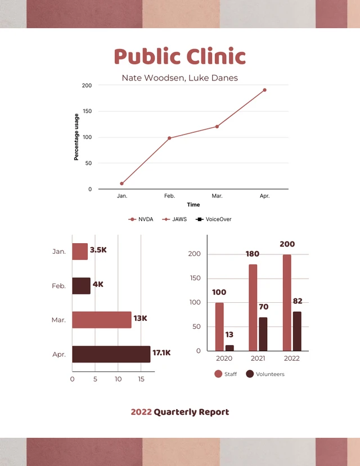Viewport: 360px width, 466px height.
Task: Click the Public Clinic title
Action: coord(180,57)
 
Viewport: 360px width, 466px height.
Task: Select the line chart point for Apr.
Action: coord(264,90)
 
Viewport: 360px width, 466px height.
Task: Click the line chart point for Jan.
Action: coord(121,183)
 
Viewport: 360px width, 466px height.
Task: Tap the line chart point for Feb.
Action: coord(169,138)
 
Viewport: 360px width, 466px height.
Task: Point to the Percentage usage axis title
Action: coord(76,137)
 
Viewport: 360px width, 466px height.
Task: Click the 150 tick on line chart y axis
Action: coord(87,111)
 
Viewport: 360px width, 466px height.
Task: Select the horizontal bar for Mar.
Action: coord(101,320)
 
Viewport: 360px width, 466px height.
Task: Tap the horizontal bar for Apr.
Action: coord(111,354)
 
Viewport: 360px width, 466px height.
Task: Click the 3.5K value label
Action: coord(98,250)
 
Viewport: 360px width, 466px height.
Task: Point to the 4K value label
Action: coord(98,285)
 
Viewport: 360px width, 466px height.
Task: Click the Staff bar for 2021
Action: coord(253,307)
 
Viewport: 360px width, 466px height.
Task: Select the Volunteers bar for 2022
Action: coord(297,331)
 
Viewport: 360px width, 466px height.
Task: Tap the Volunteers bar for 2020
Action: coord(229,348)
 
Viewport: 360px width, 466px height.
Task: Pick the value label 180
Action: coord(253,254)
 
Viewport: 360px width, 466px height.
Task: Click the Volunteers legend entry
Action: coord(265,374)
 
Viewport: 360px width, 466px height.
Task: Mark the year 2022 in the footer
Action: coord(141,412)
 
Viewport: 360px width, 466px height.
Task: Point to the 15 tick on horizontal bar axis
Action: coord(141,379)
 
